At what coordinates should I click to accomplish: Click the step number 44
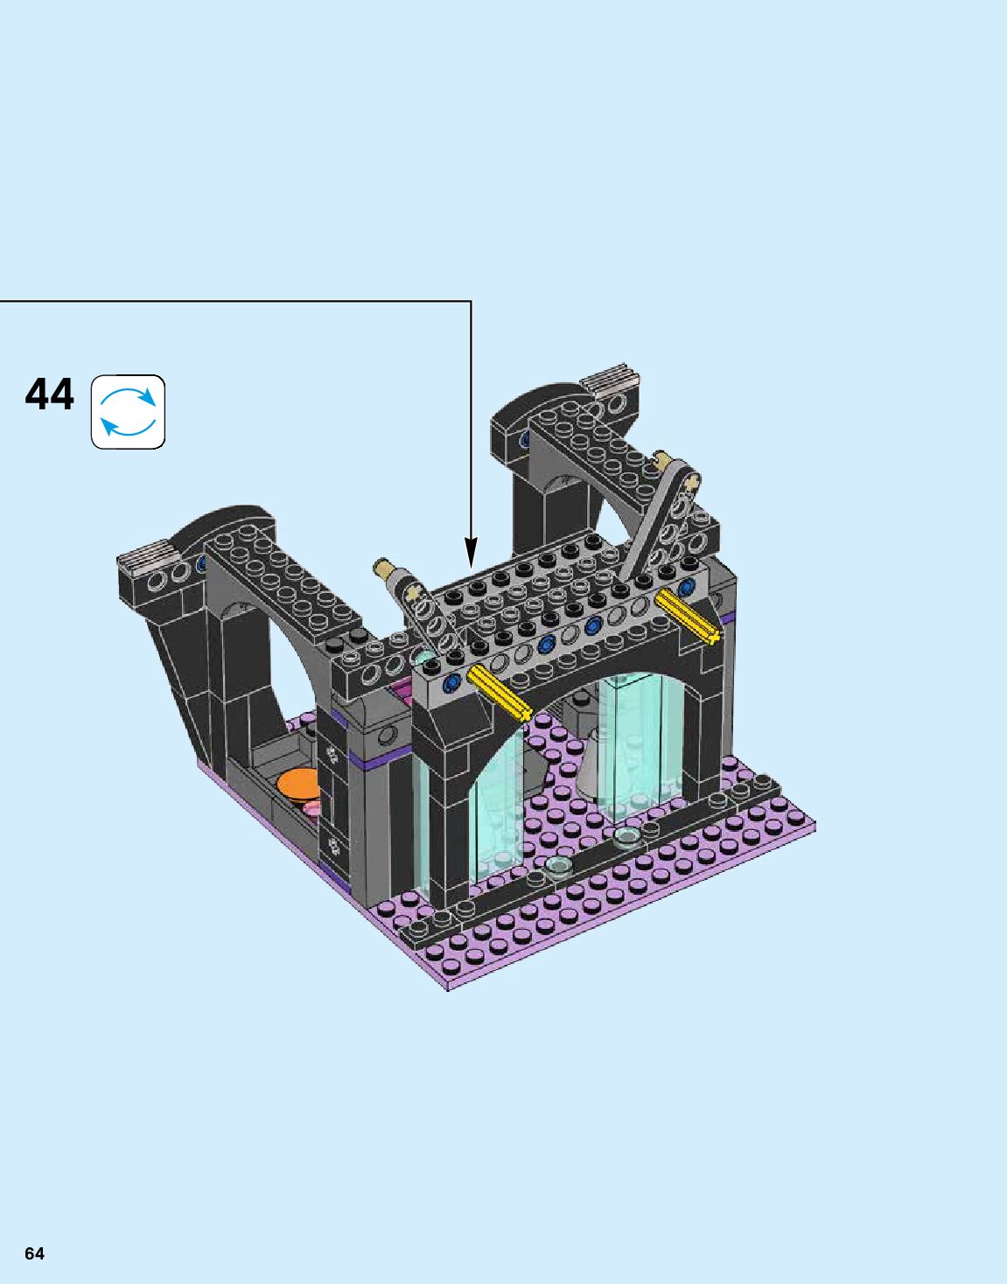coord(50,394)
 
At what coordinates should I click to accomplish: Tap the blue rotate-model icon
coord(128,412)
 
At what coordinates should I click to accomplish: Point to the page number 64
coord(34,1253)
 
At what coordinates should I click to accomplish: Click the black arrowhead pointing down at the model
coord(471,552)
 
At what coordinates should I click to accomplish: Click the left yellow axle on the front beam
coord(500,694)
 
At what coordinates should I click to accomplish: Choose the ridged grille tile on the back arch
coord(612,379)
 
